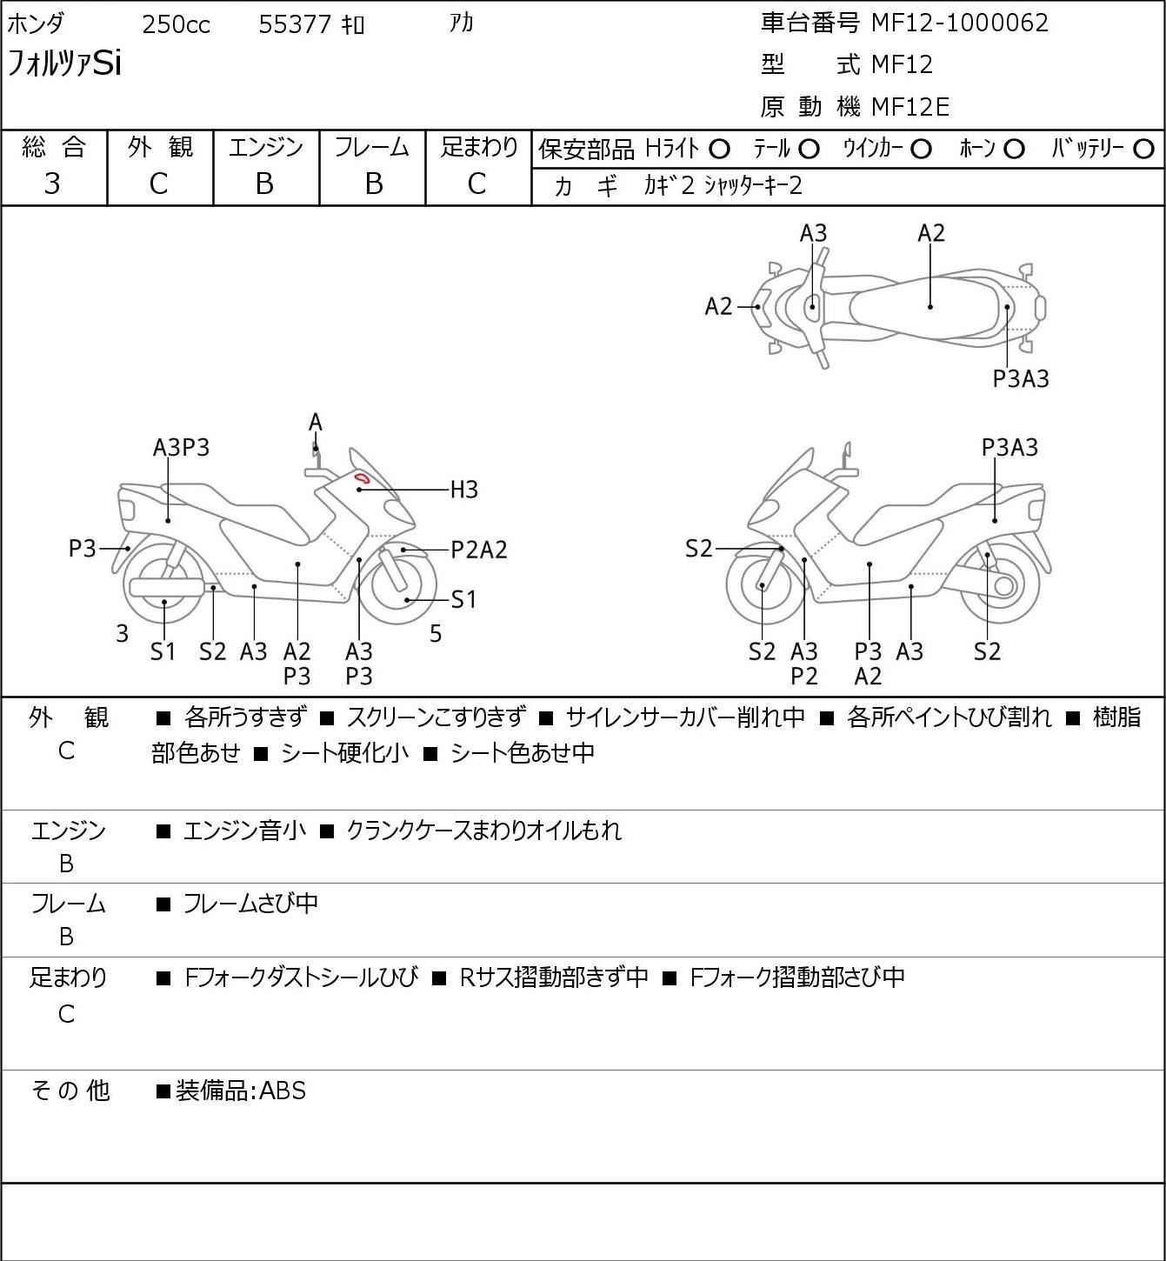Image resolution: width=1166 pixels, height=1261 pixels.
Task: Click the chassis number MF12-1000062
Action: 959,23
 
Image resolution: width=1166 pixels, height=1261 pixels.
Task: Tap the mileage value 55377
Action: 295,24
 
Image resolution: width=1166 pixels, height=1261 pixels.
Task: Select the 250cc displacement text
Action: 176,24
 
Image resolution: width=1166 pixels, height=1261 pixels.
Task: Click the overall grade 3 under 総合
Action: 52,184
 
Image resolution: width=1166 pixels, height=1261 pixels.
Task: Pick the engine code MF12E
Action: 910,107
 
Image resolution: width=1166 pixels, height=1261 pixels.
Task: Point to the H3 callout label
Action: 463,490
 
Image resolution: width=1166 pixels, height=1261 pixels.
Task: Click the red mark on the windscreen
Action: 362,477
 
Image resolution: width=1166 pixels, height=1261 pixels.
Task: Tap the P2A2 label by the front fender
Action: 479,550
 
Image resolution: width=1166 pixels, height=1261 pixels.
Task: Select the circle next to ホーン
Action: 1014,150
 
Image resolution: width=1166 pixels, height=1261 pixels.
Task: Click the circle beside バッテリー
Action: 1143,150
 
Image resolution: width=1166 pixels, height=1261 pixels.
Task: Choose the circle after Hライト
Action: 719,150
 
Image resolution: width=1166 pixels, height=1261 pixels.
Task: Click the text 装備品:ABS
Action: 241,1091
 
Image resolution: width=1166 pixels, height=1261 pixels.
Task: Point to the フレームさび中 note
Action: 250,904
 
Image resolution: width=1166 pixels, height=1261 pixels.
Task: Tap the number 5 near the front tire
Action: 435,634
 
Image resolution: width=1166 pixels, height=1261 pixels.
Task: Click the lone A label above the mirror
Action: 316,423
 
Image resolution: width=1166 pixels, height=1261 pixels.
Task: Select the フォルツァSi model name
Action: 63,63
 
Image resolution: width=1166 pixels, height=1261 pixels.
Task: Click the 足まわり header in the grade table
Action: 479,147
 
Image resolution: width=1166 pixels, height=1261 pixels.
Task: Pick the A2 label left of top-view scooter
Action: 718,307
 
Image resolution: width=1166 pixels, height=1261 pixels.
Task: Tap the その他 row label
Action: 70,1091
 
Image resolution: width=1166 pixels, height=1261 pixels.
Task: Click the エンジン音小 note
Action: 244,831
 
